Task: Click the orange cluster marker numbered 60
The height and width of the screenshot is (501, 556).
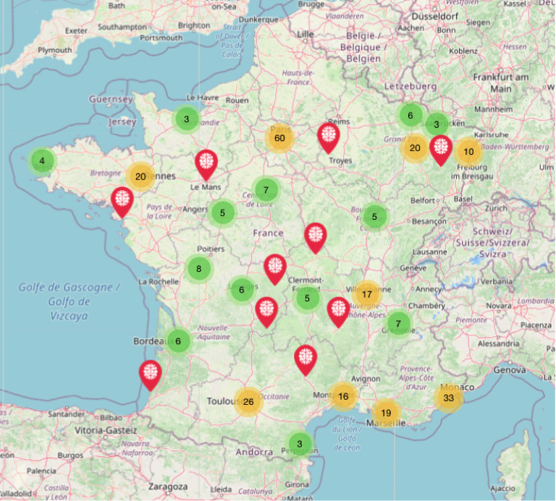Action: [279, 138]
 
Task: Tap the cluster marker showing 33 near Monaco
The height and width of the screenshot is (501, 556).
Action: [449, 398]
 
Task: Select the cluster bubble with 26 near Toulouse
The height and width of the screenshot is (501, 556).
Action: [248, 402]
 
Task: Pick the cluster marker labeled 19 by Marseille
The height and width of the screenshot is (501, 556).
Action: [386, 413]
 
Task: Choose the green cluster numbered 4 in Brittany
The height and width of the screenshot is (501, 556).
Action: [42, 160]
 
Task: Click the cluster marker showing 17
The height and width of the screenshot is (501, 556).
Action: [367, 294]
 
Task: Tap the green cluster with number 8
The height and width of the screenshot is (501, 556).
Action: [199, 270]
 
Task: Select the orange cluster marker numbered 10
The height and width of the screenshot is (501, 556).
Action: [469, 152]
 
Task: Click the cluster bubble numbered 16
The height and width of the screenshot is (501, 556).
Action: [343, 395]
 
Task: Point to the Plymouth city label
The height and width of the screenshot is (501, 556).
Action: [55, 51]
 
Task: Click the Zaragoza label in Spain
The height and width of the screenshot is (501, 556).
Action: [167, 487]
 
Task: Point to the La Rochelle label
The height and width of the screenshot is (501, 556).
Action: [158, 281]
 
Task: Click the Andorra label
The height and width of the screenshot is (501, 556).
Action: [254, 453]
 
